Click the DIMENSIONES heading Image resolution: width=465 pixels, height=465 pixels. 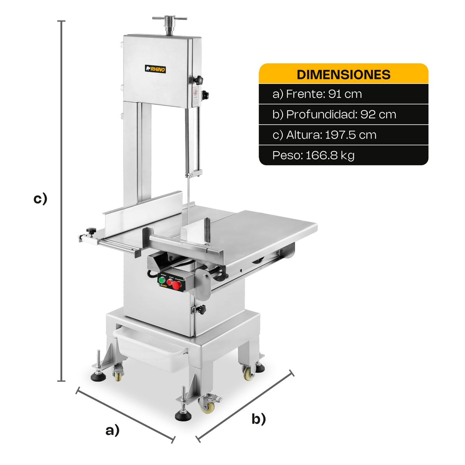343,75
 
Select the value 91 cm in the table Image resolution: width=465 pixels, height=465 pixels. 345,94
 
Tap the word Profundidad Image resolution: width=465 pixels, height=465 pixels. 321,115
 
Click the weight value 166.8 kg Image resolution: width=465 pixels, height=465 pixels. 330,155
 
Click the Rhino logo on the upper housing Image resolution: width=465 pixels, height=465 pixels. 155,69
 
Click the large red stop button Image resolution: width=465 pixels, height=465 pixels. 176,285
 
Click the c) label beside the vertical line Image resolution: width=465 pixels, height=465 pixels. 40,199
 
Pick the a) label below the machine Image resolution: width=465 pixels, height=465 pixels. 112,430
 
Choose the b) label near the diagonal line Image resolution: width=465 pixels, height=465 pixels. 259,419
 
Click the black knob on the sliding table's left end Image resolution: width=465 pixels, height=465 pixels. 91,231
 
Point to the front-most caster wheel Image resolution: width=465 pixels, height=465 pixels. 207,407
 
